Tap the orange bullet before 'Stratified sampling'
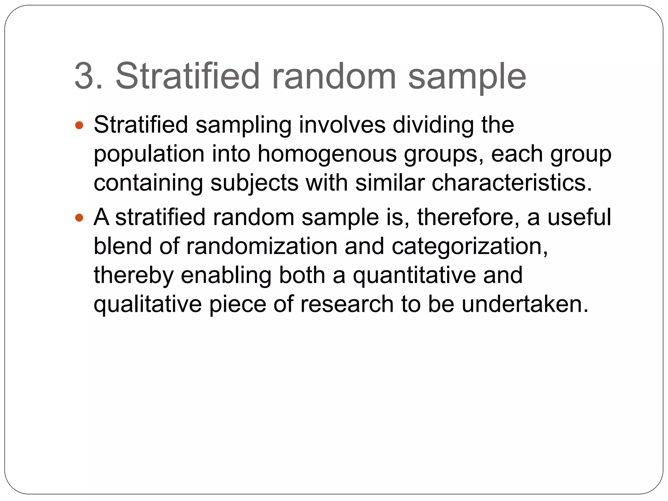click(79, 125)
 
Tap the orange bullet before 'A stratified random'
click(79, 218)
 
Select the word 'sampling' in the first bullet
click(243, 126)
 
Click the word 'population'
click(149, 155)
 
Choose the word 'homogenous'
click(327, 155)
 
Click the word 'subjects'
click(254, 183)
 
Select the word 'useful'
click(579, 217)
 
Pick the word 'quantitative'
click(414, 276)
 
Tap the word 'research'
click(347, 304)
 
